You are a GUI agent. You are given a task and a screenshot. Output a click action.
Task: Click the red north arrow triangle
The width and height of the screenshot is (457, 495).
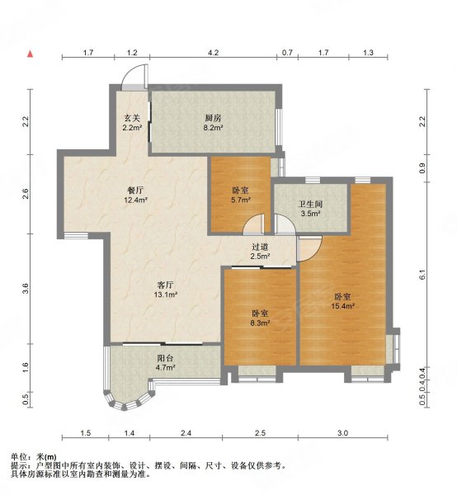click(x=31, y=54)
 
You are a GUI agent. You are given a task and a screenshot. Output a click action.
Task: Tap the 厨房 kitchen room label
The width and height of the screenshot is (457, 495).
click(x=213, y=118)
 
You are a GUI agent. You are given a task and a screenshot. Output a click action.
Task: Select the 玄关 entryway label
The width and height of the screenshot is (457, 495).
click(x=132, y=118)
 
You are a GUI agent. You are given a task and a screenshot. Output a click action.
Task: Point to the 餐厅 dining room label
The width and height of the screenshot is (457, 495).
click(x=135, y=190)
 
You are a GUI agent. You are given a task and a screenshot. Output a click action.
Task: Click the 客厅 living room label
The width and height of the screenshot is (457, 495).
click(x=165, y=285)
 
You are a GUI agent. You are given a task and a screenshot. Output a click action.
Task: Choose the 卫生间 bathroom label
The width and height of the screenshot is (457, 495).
click(x=310, y=204)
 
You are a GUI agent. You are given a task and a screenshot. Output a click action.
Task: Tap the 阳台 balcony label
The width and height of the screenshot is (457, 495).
click(x=165, y=358)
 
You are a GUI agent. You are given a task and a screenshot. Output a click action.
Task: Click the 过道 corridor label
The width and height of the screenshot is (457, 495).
click(x=260, y=247)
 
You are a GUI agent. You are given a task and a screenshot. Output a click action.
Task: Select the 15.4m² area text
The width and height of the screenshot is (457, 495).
click(x=343, y=306)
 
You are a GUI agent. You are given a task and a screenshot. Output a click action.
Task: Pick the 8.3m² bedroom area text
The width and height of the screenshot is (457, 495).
click(x=261, y=323)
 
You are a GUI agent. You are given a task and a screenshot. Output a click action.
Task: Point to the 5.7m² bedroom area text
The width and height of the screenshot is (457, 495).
click(x=241, y=200)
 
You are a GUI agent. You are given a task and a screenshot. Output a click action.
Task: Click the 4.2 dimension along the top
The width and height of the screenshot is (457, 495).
click(x=213, y=53)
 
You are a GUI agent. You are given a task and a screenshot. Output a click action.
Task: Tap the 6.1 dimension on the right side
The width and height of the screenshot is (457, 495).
click(x=422, y=275)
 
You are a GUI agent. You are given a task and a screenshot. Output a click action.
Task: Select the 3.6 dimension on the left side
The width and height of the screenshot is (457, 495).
click(x=26, y=289)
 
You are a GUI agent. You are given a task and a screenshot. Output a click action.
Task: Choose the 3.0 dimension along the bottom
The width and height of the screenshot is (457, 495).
click(x=342, y=433)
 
